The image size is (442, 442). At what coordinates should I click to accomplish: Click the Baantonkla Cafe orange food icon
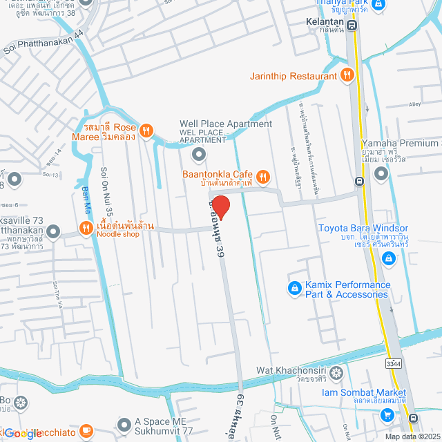(x=262, y=175)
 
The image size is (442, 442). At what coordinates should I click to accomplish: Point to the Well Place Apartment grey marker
(x=199, y=153)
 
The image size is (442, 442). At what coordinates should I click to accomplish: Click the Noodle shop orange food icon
(x=86, y=228)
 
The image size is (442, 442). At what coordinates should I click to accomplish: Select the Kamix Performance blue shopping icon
(x=294, y=287)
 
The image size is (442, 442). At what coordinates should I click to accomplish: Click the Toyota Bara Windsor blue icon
(x=389, y=258)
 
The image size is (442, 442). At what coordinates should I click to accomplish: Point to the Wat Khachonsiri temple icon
(x=336, y=374)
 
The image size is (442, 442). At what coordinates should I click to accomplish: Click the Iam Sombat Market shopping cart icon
(x=387, y=414)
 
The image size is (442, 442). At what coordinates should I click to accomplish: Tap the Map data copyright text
(x=412, y=436)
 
